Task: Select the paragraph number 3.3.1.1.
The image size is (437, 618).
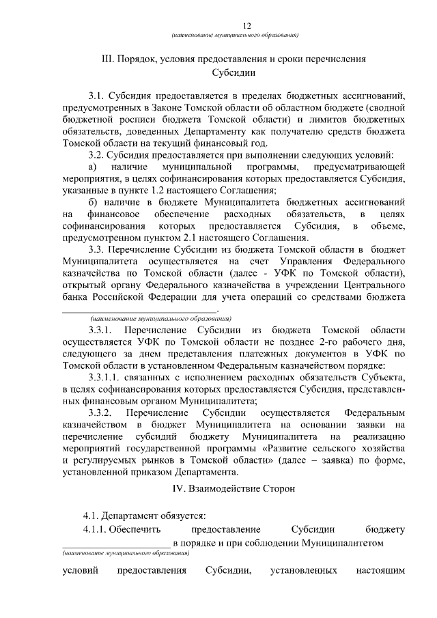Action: point(107,378)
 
